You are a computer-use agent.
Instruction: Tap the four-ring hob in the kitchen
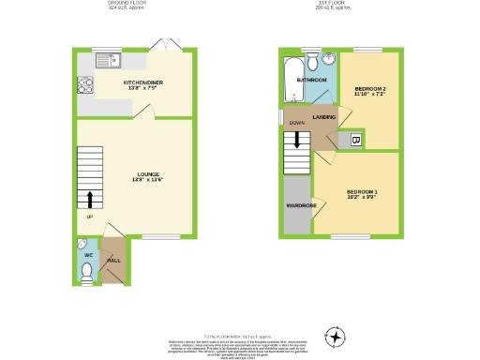84,83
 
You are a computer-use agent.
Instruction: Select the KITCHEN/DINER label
146,83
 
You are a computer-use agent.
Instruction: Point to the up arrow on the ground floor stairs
90,198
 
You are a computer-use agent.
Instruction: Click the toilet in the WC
86,272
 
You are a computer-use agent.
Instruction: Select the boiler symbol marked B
355,141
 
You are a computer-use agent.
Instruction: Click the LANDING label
324,116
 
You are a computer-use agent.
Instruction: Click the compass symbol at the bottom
335,335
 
